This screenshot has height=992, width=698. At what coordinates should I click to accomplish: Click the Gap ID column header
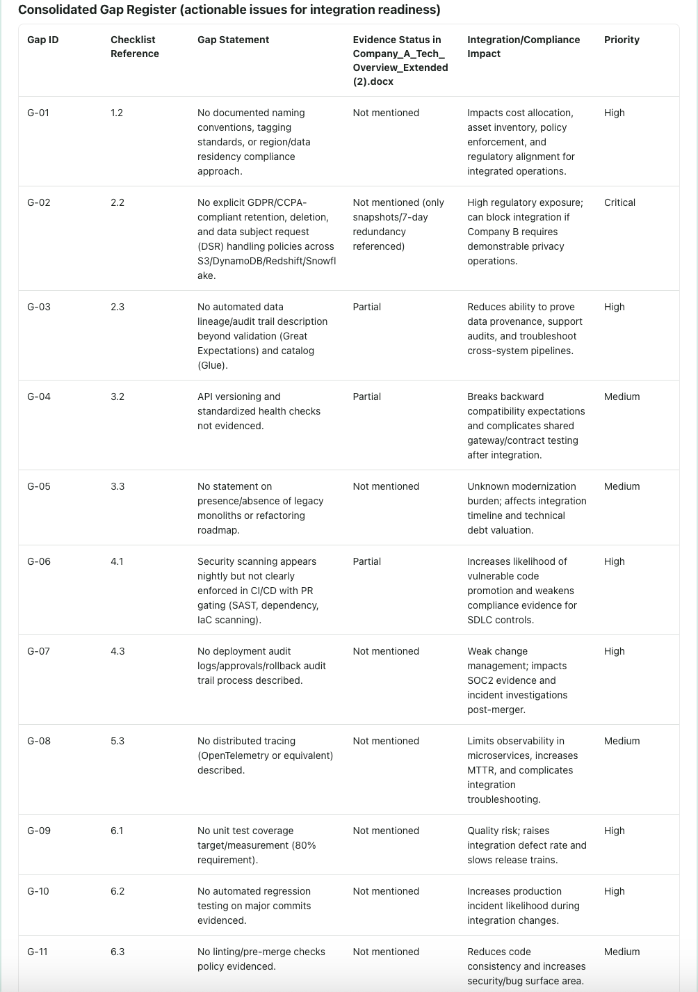(x=42, y=40)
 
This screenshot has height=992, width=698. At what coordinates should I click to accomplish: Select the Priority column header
(x=621, y=40)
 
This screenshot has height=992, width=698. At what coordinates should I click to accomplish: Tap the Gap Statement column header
(x=233, y=40)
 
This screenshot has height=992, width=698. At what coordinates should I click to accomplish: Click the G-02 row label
(x=38, y=202)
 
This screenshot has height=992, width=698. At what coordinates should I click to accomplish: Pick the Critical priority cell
(x=619, y=202)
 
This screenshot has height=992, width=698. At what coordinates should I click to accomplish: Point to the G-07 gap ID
(x=38, y=651)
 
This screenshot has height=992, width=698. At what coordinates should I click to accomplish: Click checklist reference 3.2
(x=117, y=397)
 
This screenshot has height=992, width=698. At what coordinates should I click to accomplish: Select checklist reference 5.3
(x=117, y=741)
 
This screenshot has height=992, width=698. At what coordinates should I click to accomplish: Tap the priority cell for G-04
(x=622, y=397)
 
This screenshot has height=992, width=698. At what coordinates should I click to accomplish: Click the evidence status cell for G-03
(x=366, y=307)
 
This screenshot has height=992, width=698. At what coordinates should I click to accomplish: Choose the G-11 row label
(x=38, y=952)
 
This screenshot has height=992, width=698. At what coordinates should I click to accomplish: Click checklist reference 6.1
(x=116, y=831)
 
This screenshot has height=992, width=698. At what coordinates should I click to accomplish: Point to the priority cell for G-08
(x=622, y=741)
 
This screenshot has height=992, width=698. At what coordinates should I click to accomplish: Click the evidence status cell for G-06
(x=366, y=561)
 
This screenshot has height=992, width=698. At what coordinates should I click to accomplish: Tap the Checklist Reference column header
(x=134, y=47)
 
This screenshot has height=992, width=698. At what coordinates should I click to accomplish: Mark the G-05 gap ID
(x=38, y=486)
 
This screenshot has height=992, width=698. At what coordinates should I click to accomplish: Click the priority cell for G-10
(x=614, y=891)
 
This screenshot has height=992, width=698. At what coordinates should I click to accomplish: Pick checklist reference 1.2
(x=116, y=113)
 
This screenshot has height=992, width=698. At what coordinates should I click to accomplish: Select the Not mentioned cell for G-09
(x=385, y=831)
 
